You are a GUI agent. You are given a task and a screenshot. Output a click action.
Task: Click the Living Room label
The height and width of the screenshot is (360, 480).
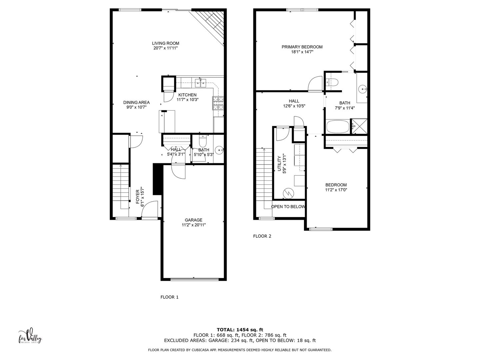(x=166, y=43)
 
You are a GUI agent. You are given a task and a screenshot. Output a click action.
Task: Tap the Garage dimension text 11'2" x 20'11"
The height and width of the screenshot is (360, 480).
(x=193, y=225)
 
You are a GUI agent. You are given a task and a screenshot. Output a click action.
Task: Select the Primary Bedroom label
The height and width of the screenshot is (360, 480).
(x=302, y=47)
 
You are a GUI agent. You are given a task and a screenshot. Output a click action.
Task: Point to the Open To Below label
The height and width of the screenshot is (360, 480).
(x=288, y=207)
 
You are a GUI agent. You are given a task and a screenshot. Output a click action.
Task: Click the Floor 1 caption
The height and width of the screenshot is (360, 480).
(x=170, y=297)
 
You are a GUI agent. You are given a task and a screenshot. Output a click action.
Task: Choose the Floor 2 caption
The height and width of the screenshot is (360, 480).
(x=262, y=236)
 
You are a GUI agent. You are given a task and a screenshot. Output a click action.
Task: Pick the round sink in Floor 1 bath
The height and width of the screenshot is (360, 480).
(x=219, y=150)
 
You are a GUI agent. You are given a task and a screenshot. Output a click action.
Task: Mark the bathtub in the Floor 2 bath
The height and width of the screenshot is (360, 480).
(x=338, y=127)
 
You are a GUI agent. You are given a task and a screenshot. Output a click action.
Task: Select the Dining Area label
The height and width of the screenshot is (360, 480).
(x=136, y=102)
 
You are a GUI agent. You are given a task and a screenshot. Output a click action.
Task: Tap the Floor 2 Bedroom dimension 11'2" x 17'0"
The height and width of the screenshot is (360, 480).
(x=336, y=190)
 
